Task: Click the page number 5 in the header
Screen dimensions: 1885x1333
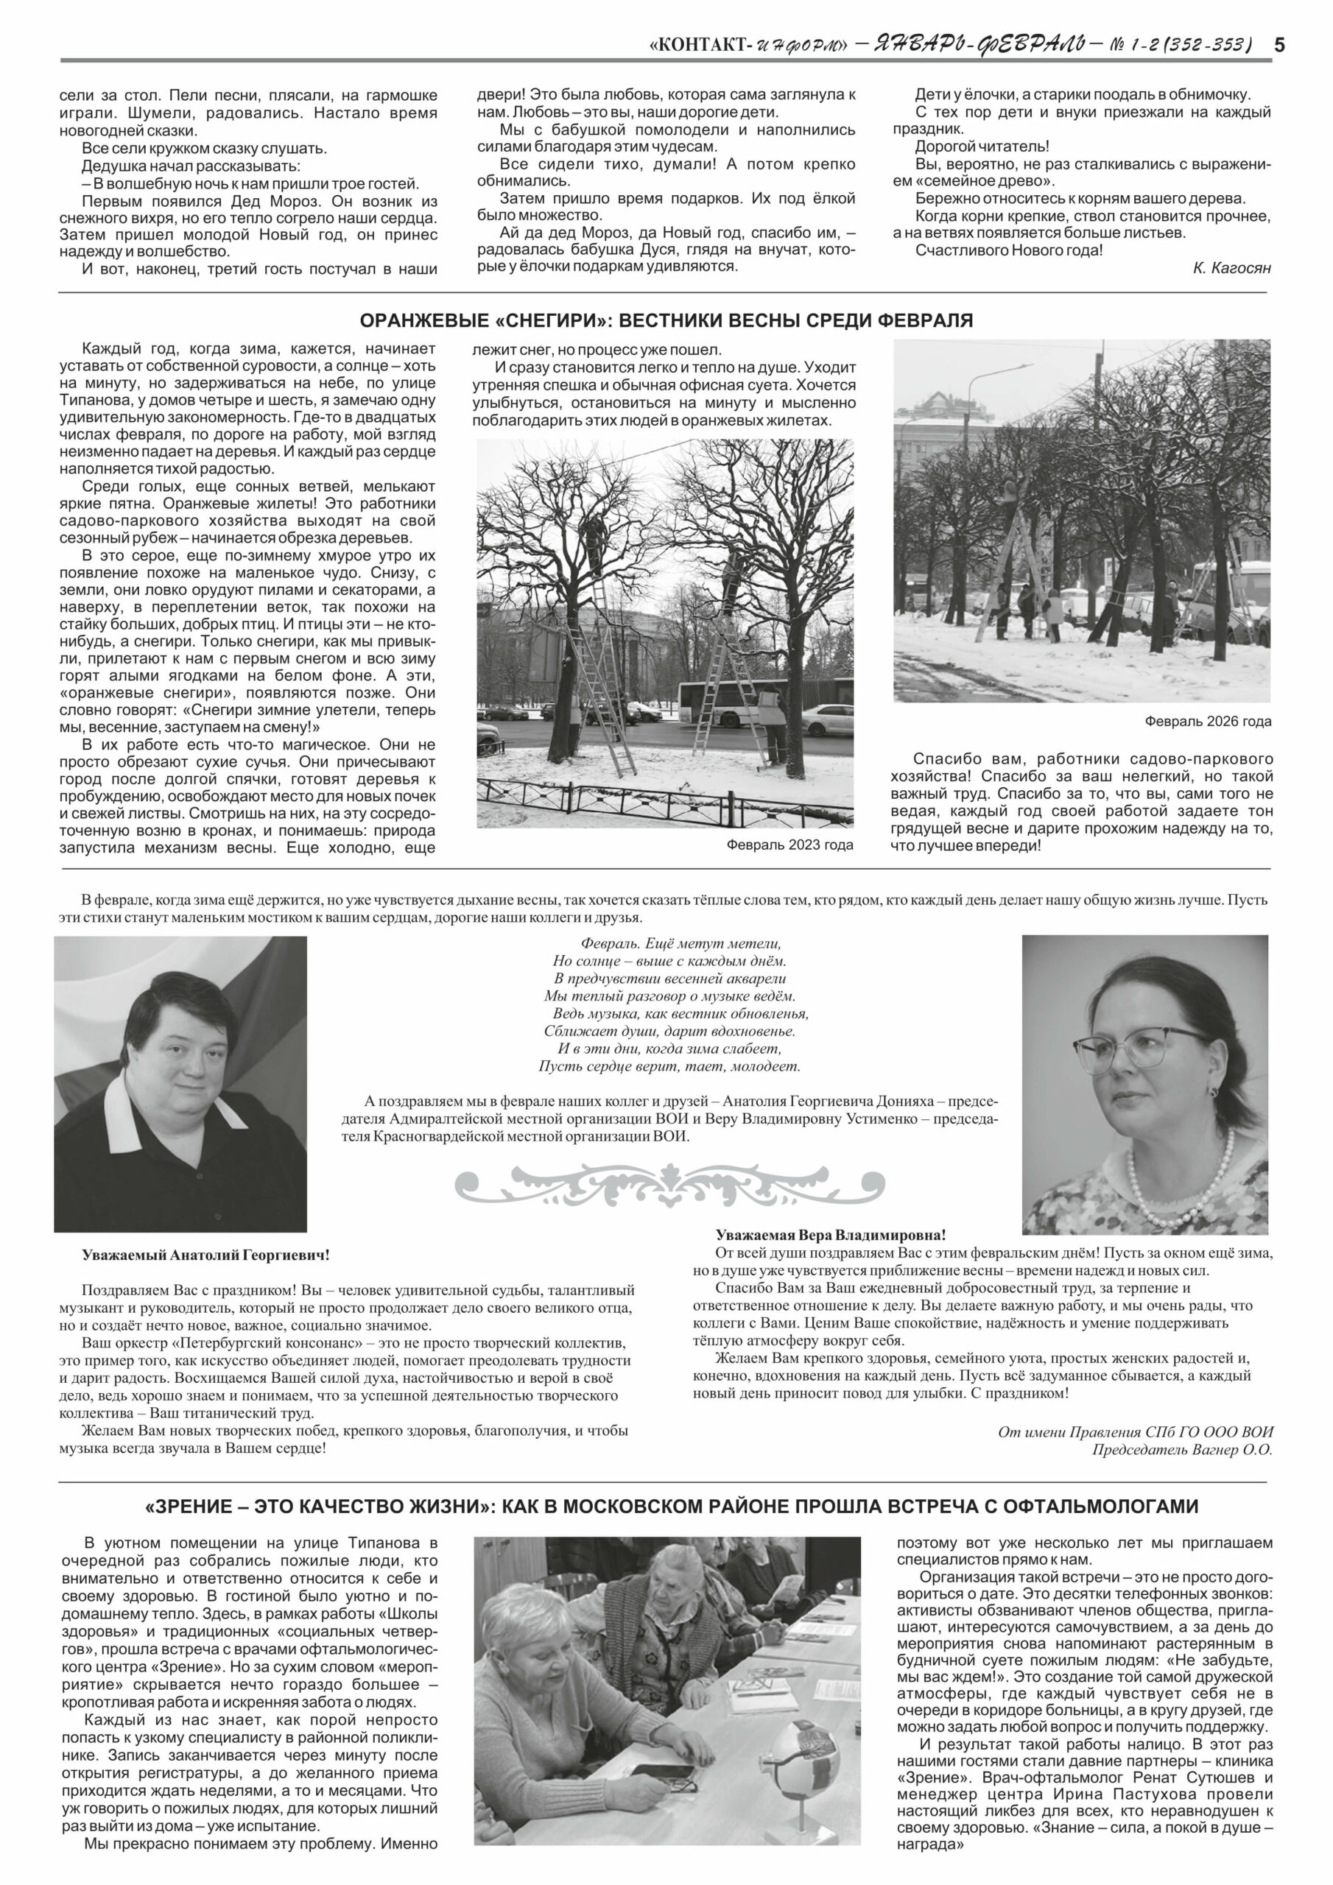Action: point(1278,45)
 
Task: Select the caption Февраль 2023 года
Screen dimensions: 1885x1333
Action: point(789,844)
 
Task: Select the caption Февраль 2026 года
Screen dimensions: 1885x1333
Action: point(1207,722)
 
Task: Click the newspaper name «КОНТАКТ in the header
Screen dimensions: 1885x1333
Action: point(697,45)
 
